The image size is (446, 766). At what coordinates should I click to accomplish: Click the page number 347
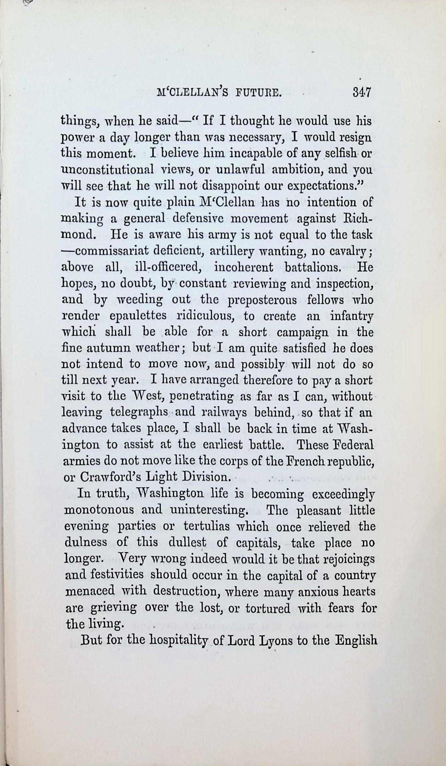click(362, 92)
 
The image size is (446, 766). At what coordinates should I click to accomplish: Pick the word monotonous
click(99, 510)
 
